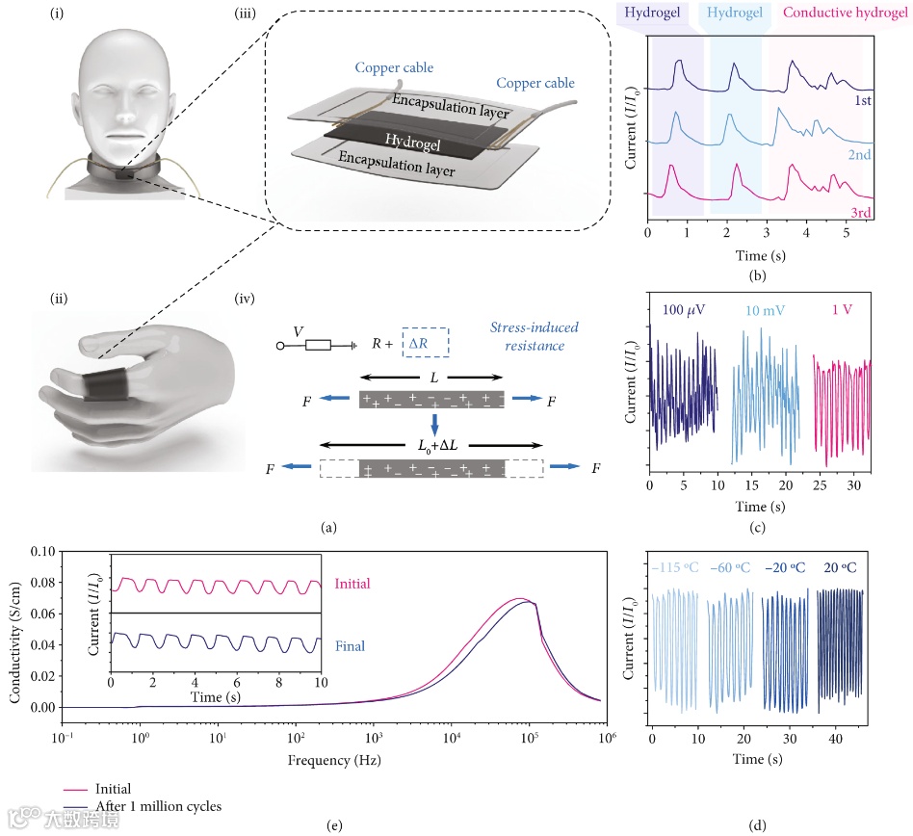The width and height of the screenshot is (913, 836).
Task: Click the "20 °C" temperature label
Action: [839, 567]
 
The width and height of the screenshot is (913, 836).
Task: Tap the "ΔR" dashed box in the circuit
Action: [425, 341]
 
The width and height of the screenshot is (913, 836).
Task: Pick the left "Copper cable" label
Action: [393, 68]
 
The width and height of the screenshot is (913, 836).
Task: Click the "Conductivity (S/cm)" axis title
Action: [13, 631]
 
